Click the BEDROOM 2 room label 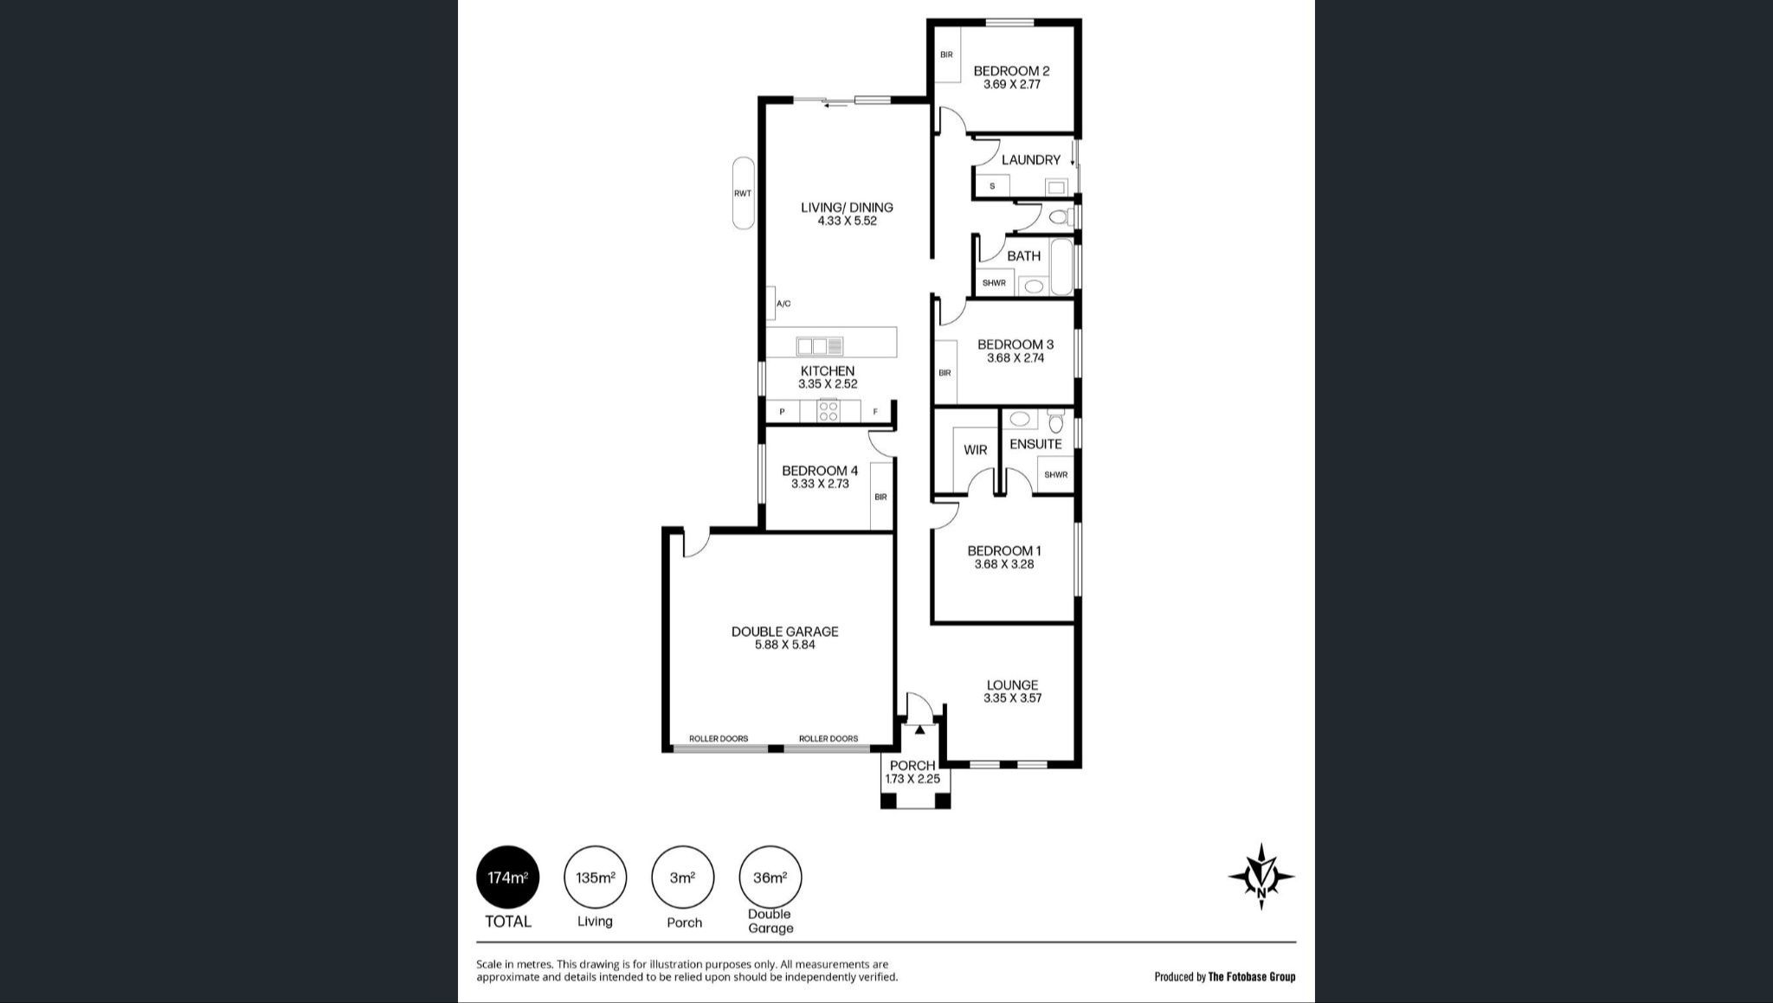click(x=1011, y=71)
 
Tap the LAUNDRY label click(x=1030, y=160)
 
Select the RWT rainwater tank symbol click(x=743, y=193)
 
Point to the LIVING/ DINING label click(x=847, y=208)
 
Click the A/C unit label click(x=783, y=304)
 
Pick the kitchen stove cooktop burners click(x=828, y=411)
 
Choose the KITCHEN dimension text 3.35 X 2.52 click(x=828, y=384)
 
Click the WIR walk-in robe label click(x=975, y=450)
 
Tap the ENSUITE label click(x=1035, y=444)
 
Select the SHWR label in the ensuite click(x=1055, y=474)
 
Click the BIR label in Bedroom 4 click(x=880, y=497)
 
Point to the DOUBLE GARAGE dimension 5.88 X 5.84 click(x=785, y=645)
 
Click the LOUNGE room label click(x=1012, y=685)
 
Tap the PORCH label click(x=912, y=766)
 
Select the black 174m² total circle click(x=508, y=877)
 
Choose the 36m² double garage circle click(x=770, y=877)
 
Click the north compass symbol click(x=1261, y=877)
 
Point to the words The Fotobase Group click(x=1252, y=977)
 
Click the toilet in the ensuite click(x=1054, y=421)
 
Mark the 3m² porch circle click(x=683, y=877)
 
